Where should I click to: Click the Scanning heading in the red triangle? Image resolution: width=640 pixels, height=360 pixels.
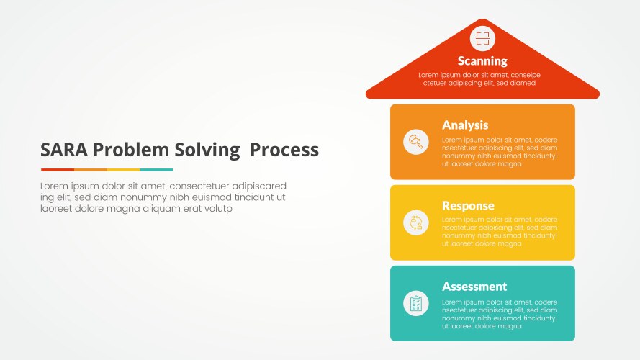point(482,61)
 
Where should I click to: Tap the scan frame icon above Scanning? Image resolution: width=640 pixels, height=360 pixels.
point(482,39)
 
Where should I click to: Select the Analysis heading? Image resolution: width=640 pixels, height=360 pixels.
point(465,125)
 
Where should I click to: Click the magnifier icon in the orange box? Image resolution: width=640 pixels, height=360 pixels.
point(416,142)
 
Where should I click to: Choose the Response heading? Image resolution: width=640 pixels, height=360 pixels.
point(468,206)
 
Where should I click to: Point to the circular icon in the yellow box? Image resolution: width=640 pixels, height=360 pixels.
point(416,222)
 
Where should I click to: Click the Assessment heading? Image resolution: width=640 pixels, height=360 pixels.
point(474,287)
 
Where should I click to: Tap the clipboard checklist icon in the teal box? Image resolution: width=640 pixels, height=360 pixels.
point(416,303)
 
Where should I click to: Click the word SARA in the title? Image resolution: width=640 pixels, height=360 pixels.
point(64,150)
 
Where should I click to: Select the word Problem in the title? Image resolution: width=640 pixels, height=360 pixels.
point(131,150)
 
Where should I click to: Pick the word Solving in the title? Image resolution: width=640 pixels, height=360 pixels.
point(207,150)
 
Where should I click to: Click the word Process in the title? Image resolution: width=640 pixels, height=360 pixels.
point(284,150)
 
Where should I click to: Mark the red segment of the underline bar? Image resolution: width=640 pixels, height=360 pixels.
point(58,170)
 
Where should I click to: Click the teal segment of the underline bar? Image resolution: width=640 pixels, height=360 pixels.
point(156,170)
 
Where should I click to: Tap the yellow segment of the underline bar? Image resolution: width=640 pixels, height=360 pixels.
point(123,170)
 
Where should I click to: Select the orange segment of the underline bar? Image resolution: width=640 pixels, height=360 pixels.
point(91,170)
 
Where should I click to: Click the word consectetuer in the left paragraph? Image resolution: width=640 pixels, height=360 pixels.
point(199,186)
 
